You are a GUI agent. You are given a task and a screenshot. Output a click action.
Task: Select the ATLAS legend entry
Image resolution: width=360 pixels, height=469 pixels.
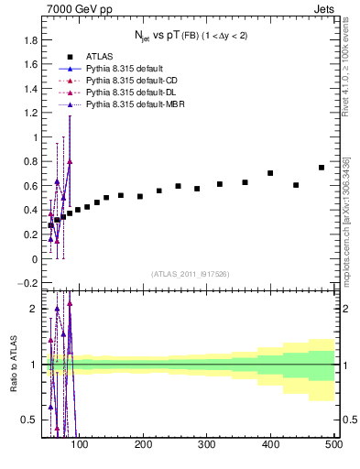pos(100,56)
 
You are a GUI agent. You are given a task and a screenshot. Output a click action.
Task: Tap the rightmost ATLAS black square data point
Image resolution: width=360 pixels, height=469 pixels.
pos(322,168)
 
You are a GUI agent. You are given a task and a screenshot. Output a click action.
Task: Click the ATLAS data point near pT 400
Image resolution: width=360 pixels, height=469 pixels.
pos(270,173)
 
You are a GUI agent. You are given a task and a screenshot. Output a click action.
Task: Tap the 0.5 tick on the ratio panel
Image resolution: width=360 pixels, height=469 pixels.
pos(32,420)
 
